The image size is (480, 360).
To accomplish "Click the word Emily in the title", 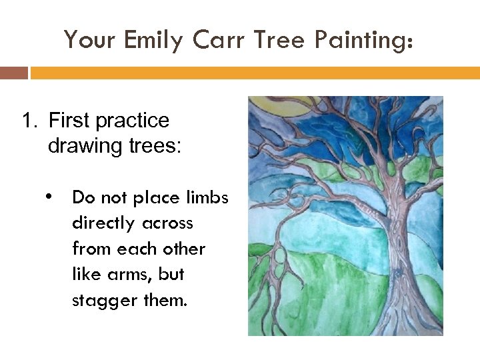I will point(153,41).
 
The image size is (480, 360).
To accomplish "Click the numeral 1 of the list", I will point(27,121).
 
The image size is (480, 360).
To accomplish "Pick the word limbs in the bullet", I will point(207,197).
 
